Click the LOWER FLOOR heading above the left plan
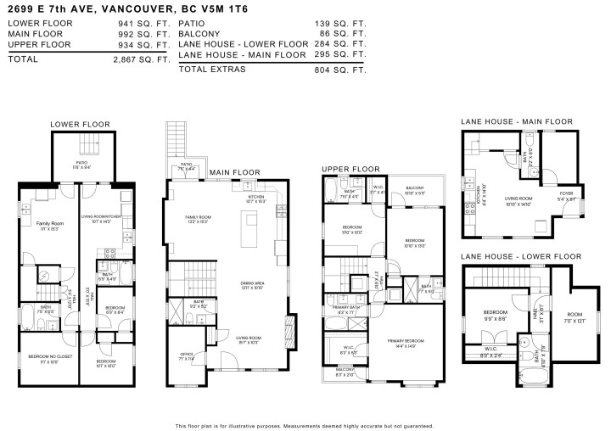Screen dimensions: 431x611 pos(80,125)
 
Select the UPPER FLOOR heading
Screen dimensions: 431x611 pos(350,170)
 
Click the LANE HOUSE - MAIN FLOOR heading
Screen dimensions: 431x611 pos(517,122)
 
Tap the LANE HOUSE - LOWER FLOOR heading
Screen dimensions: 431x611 pos(521,256)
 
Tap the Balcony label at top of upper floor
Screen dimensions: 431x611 pos(414,188)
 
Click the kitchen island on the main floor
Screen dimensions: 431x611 pos(250,227)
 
